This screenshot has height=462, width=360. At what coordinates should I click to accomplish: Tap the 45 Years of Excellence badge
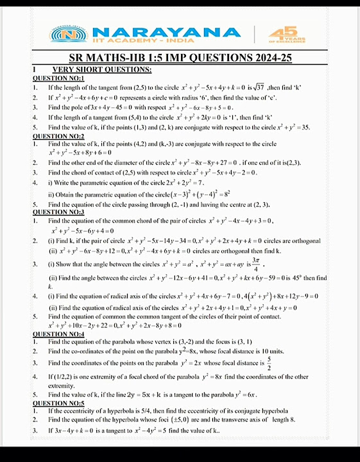tap(282, 35)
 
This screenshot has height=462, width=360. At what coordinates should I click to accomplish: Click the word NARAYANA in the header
tap(167, 32)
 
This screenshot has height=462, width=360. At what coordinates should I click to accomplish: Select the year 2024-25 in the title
tap(269, 58)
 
